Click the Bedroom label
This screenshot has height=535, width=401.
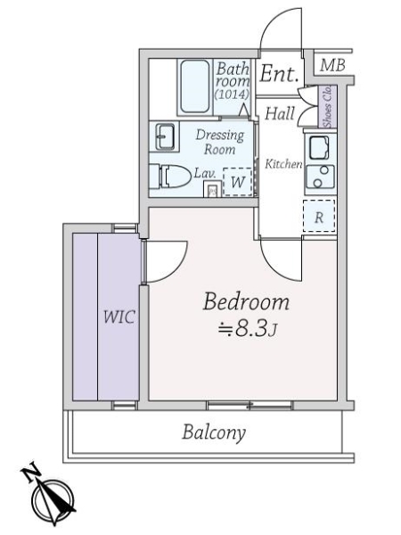coord(246,302)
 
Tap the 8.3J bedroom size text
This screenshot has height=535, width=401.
coord(248,330)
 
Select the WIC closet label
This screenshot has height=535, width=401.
coord(119,317)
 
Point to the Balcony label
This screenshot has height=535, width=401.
coord(214,432)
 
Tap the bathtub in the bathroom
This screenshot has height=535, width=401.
coord(194,86)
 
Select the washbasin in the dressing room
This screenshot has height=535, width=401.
coord(166,136)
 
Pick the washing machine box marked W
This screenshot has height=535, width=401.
coord(237,182)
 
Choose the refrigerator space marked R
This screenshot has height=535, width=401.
coord(319,217)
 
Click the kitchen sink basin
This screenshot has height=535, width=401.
coord(319,147)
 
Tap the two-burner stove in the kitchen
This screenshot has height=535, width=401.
coord(320,177)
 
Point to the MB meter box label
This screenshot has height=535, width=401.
coord(332,65)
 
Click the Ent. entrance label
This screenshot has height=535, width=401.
coord(279,73)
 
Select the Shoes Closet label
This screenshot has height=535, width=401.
coord(328,106)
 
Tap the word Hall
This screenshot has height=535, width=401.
coord(280,113)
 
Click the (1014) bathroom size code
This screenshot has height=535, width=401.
coord(232,94)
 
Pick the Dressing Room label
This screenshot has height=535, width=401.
coord(220,142)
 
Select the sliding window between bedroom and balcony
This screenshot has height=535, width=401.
coord(250,405)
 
